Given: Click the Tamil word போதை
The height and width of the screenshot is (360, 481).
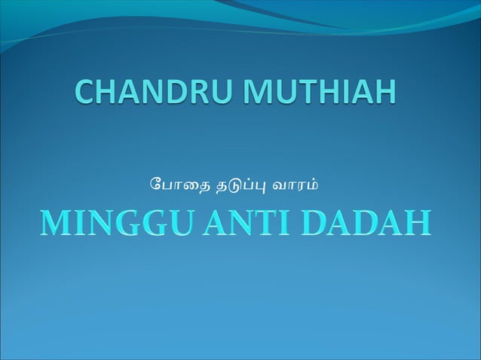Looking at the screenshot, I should click(172, 182).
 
